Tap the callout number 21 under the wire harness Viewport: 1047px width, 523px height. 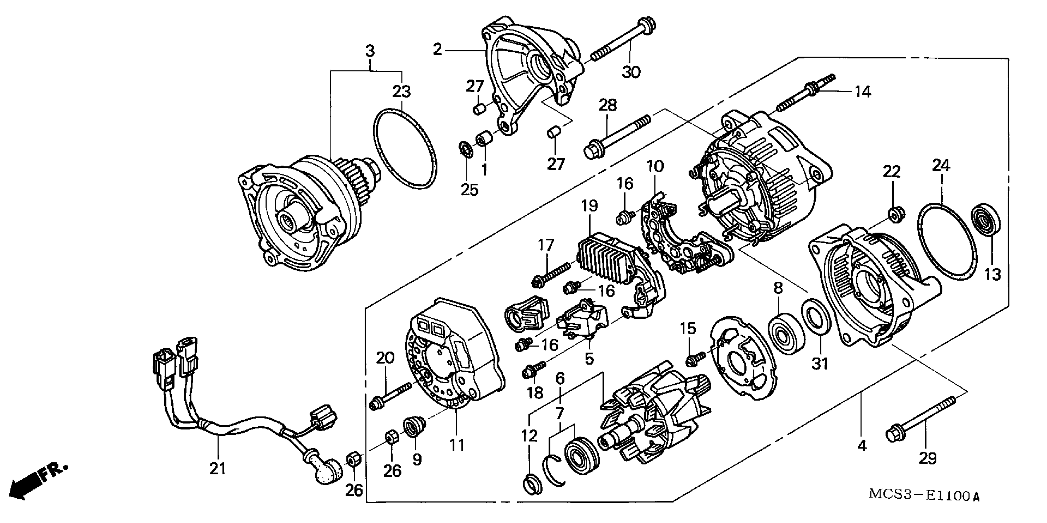pyautogui.click(x=218, y=469)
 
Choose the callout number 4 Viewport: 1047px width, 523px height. pyautogui.click(x=862, y=446)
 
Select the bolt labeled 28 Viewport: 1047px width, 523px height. pyautogui.click(x=618, y=136)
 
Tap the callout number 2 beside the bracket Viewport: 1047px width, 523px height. pyautogui.click(x=437, y=50)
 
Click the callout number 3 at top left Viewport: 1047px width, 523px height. pyautogui.click(x=370, y=51)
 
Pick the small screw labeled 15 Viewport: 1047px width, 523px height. pyautogui.click(x=695, y=358)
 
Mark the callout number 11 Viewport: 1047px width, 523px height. pyautogui.click(x=457, y=445)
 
